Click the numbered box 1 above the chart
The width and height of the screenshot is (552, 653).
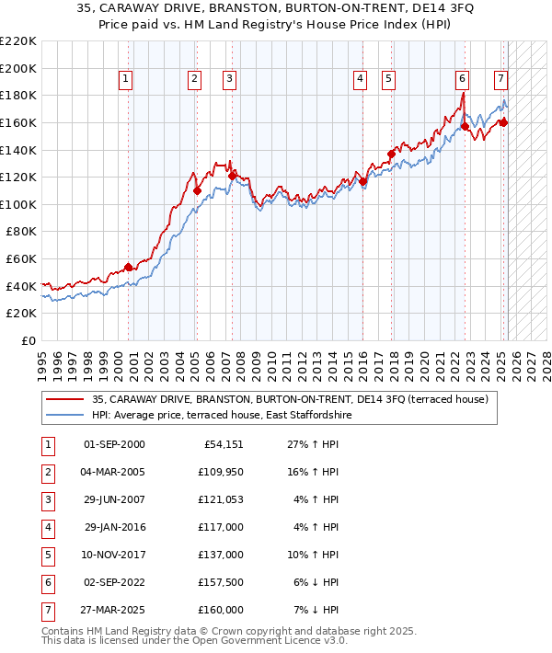(125, 79)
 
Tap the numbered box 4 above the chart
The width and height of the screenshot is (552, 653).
(360, 79)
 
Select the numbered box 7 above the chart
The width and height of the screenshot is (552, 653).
(500, 79)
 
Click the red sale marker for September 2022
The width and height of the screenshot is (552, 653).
(466, 126)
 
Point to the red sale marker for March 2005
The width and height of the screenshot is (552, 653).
(197, 190)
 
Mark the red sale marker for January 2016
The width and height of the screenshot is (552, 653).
(362, 181)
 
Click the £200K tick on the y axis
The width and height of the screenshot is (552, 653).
(18, 68)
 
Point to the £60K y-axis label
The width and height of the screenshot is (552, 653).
(21, 259)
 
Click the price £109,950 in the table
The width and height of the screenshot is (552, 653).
(222, 473)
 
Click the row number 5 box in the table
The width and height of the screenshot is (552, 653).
(47, 556)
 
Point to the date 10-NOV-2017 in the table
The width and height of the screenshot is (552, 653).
(114, 556)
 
